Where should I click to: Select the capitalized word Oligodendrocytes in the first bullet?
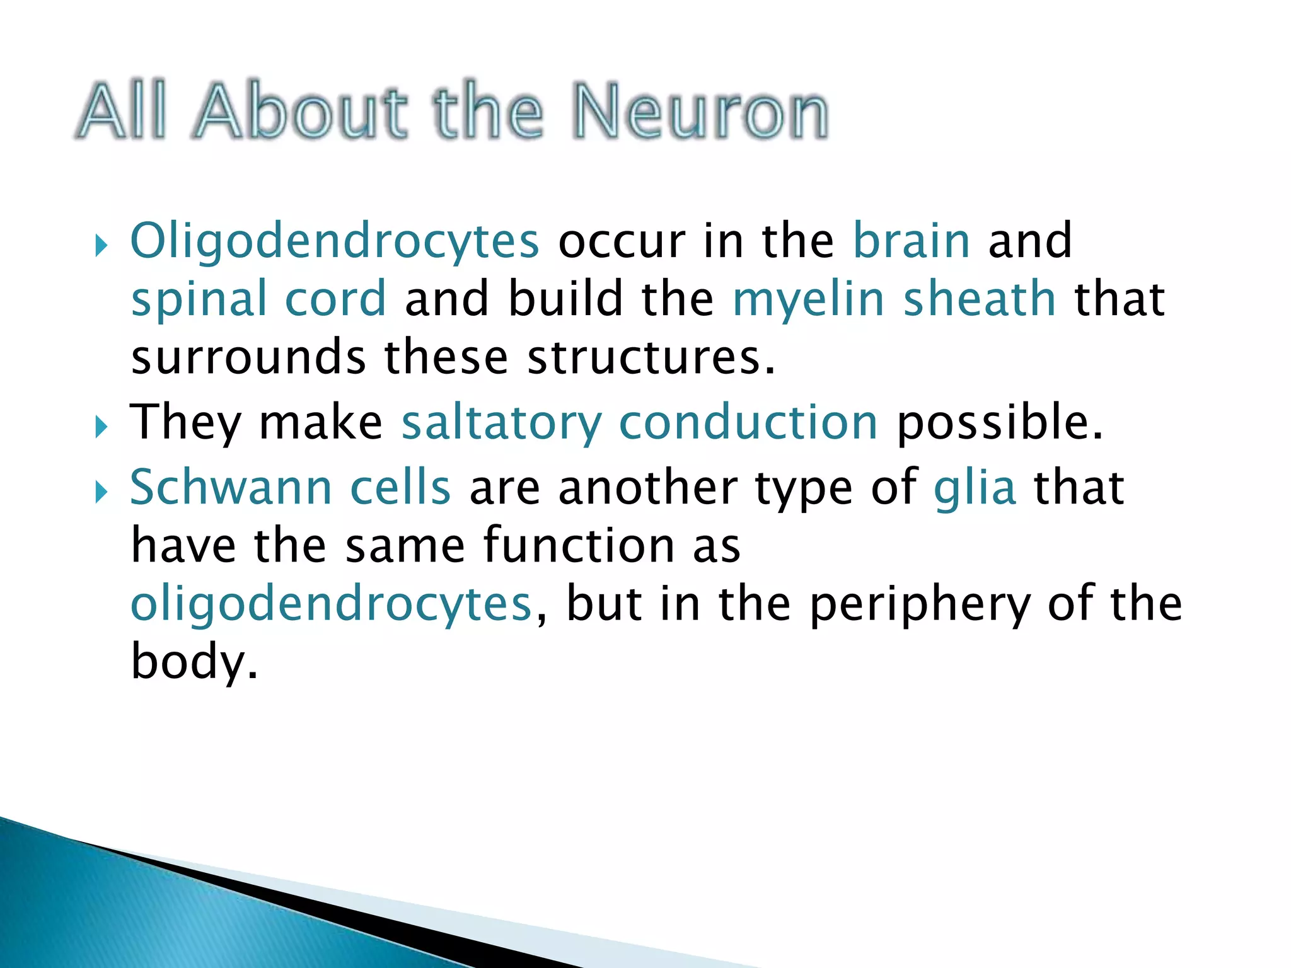coord(334,242)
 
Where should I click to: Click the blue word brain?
coord(911,241)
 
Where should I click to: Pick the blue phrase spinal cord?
coord(258,299)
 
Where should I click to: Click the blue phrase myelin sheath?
coord(893,299)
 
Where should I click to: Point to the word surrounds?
coord(248,357)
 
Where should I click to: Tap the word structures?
coord(649,357)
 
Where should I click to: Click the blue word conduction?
coord(748,422)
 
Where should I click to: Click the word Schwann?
coord(230,487)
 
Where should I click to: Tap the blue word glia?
coord(975,488)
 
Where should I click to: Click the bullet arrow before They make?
coord(101,428)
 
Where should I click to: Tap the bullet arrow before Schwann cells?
coord(101,492)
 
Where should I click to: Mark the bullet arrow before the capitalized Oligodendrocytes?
coord(101,246)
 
